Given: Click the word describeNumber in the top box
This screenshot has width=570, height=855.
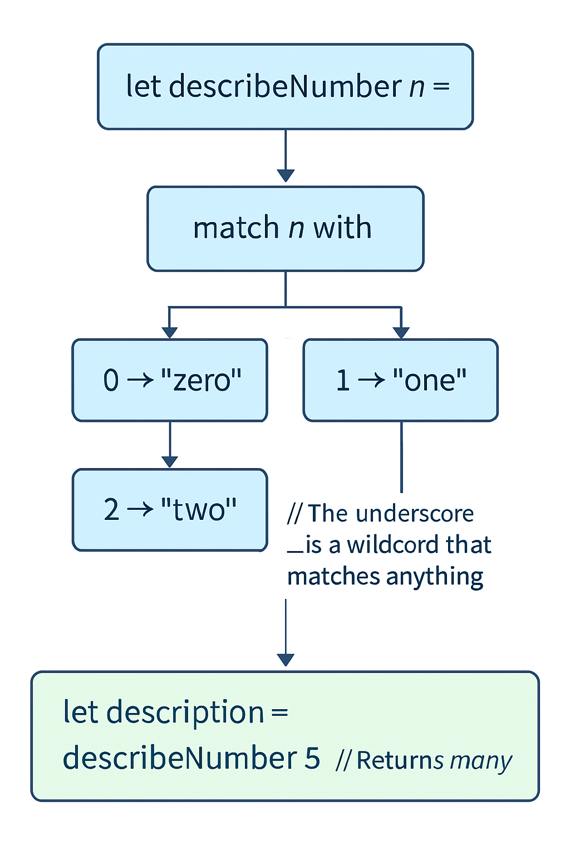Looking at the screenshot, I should click(285, 87).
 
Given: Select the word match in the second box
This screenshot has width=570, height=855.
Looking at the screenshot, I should click(235, 228).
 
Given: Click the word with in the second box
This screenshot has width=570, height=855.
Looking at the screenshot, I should click(342, 228).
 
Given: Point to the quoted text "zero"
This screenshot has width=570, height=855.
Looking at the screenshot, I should click(201, 381).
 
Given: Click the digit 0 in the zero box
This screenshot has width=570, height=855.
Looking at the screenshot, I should click(111, 381).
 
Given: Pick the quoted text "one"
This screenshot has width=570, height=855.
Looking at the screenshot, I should click(429, 381).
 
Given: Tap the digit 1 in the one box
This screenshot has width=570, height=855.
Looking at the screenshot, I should click(343, 381).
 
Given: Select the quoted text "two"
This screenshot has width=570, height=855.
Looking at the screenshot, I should click(199, 509).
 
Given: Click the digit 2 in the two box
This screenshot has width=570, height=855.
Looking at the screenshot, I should click(111, 510).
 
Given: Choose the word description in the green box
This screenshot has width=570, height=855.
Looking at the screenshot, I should click(185, 713).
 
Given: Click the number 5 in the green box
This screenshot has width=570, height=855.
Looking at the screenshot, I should click(312, 758).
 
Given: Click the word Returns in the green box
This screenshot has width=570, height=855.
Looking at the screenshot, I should click(400, 760).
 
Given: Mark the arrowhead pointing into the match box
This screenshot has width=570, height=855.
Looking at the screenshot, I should click(286, 176).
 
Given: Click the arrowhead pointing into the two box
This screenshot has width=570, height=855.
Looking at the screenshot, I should click(170, 462).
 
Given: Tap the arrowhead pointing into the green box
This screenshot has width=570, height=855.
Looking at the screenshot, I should click(286, 660).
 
